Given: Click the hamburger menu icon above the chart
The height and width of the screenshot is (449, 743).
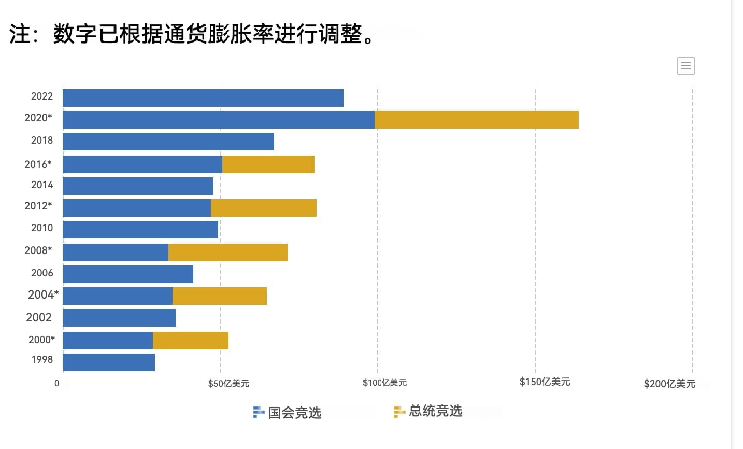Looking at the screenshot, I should tap(685, 66).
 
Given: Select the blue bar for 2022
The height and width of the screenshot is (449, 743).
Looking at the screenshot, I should tap(203, 98).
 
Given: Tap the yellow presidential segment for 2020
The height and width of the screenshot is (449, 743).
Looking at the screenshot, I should tap(476, 120).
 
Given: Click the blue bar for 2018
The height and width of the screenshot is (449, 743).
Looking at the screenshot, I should tap(168, 142).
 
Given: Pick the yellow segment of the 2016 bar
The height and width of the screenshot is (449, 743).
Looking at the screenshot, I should tap(268, 164).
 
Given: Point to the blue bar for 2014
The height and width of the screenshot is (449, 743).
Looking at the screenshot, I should tap(138, 186).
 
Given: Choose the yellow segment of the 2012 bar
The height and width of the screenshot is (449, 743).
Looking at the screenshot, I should tap(263, 208).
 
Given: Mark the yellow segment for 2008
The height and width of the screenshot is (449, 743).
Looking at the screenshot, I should tap(227, 252).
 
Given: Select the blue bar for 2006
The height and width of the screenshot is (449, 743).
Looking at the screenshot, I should tap(128, 274).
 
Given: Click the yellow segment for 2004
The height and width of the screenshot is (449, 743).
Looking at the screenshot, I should tap(219, 296).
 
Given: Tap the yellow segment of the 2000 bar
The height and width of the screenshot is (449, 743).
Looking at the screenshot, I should tap(190, 341).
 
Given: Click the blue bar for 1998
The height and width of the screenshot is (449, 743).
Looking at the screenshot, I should tap(109, 362).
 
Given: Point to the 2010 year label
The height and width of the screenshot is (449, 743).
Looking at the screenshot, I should tap(42, 228).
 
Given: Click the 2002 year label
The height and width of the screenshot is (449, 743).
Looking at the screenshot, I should tap(39, 317).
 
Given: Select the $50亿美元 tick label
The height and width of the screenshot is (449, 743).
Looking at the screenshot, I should tap(228, 384).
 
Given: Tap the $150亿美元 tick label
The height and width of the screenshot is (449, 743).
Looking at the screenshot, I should tap(545, 382).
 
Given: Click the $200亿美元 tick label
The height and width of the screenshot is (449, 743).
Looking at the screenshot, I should tap(669, 384).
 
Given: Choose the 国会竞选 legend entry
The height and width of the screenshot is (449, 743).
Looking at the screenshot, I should tap(288, 413).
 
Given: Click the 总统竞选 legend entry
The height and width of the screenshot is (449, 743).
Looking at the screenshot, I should tap(428, 411).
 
